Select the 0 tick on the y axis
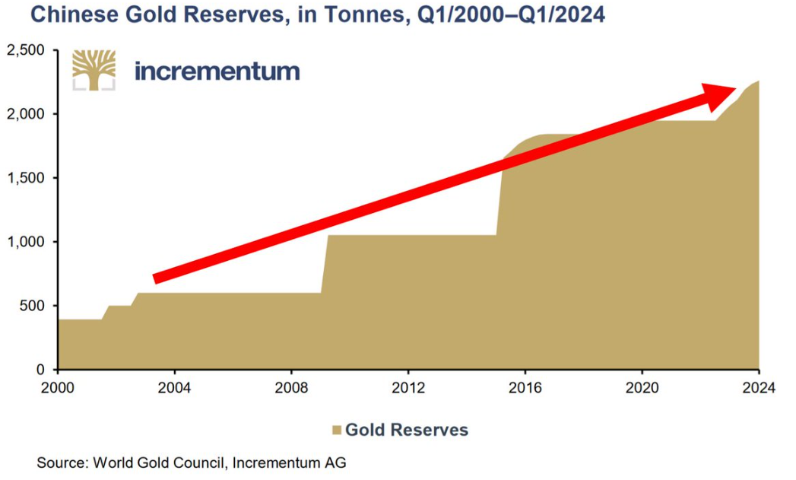pyautogui.click(x=42, y=370)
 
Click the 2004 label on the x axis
pyautogui.click(x=175, y=386)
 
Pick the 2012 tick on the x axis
pyautogui.click(x=408, y=386)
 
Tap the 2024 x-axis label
pyautogui.click(x=758, y=386)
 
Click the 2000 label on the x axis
pyautogui.click(x=59, y=386)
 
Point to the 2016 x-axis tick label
pyautogui.click(x=525, y=386)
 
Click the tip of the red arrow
pyautogui.click(x=735, y=88)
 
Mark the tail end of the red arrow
pyautogui.click(x=155, y=278)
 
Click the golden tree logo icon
pyautogui.click(x=94, y=70)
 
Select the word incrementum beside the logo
pyautogui.click(x=217, y=72)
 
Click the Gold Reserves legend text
pyautogui.click(x=407, y=430)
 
